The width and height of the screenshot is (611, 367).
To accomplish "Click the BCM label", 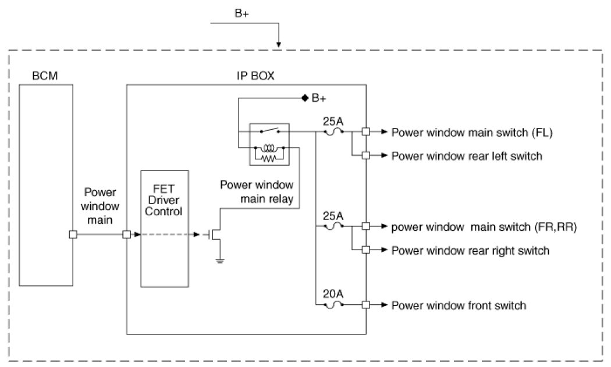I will pyautogui.click(x=46, y=76).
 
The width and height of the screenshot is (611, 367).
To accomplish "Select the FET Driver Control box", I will pyautogui.click(x=164, y=229).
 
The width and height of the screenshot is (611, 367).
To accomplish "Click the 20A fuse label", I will pyautogui.click(x=333, y=294).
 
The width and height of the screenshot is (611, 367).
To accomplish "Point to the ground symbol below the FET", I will pyautogui.click(x=220, y=260).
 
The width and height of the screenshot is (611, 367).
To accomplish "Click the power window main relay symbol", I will pyautogui.click(x=267, y=142).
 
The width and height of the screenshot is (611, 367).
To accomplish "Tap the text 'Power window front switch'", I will pyautogui.click(x=459, y=305).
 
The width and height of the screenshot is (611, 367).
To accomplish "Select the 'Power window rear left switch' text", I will pyautogui.click(x=467, y=156).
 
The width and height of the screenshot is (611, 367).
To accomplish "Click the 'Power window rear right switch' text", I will pyautogui.click(x=470, y=251).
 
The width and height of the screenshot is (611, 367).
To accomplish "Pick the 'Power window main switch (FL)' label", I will pyautogui.click(x=471, y=132).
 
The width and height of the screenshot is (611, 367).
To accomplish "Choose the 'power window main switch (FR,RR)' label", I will pyautogui.click(x=484, y=227).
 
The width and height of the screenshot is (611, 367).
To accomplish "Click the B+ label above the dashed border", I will pyautogui.click(x=242, y=15).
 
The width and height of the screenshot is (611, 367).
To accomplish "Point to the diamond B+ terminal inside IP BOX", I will pyautogui.click(x=304, y=98).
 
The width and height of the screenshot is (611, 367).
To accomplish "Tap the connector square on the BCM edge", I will pyautogui.click(x=73, y=235).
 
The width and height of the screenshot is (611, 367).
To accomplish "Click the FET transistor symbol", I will pyautogui.click(x=216, y=234).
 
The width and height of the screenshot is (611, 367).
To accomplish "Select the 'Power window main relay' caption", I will pyautogui.click(x=256, y=193).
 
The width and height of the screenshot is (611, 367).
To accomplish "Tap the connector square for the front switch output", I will pyautogui.click(x=365, y=305).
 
